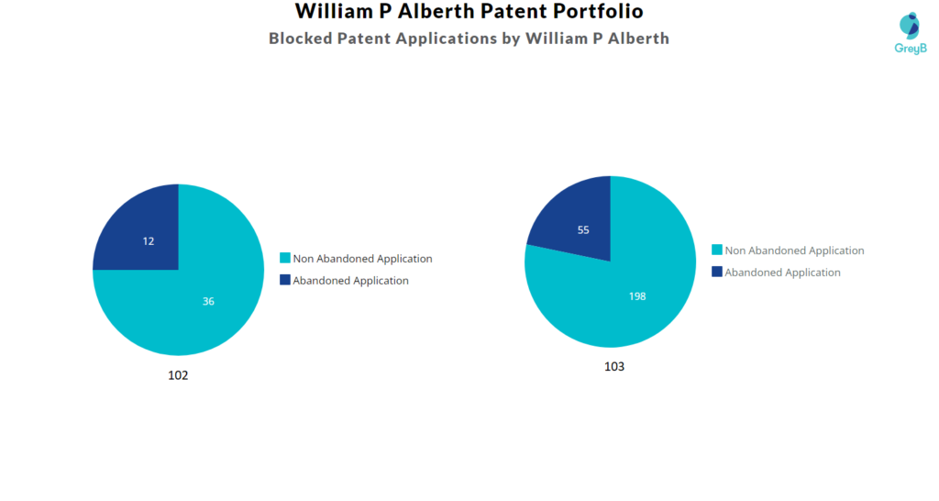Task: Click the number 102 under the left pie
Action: pyautogui.click(x=178, y=376)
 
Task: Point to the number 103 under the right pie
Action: pyautogui.click(x=614, y=367)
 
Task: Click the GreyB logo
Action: pyautogui.click(x=911, y=34)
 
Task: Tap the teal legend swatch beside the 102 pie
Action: pyautogui.click(x=285, y=258)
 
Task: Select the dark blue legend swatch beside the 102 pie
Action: pyautogui.click(x=285, y=280)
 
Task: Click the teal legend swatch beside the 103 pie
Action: pyautogui.click(x=717, y=250)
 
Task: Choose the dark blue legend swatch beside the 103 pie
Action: pyautogui.click(x=717, y=272)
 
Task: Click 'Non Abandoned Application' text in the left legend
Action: pyautogui.click(x=362, y=259)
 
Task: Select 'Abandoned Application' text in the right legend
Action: pyautogui.click(x=783, y=273)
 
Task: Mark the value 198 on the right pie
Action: pyautogui.click(x=637, y=296)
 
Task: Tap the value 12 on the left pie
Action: pyautogui.click(x=149, y=241)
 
